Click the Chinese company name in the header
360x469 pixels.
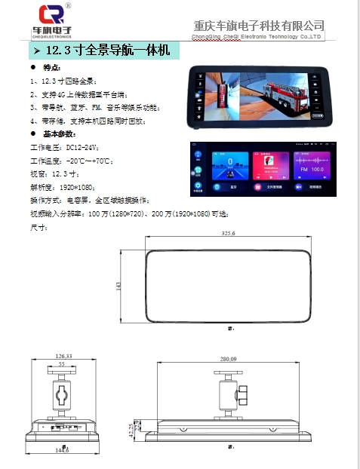click(259, 25)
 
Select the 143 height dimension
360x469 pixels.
click(119, 286)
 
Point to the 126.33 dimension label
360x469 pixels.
click(63, 357)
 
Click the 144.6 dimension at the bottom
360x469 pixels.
click(62, 450)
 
